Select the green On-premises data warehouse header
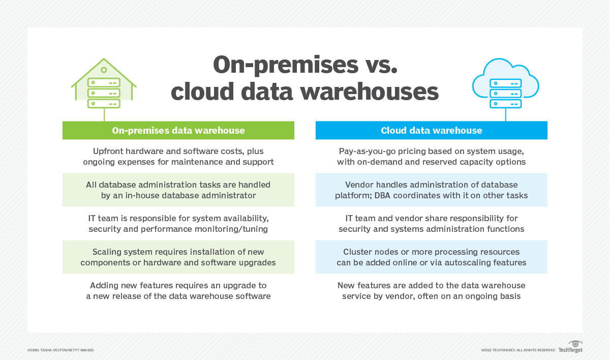(x=178, y=131)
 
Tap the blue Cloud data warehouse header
(x=431, y=131)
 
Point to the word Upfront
(x=109, y=152)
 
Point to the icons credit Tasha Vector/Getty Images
(x=60, y=350)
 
